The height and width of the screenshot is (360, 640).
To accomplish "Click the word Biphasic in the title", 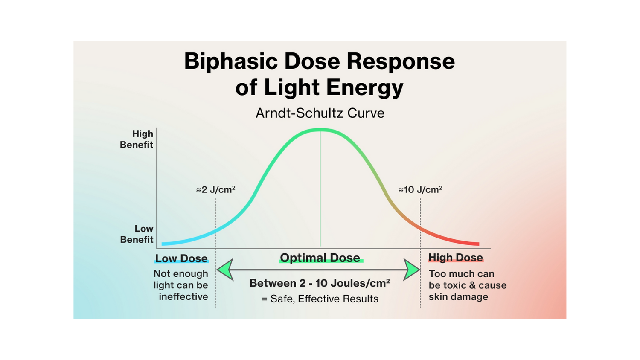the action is click(x=231, y=62).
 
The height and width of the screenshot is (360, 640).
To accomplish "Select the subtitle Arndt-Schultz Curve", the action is click(x=320, y=113).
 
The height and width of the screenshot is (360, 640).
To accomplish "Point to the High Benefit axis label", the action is click(x=137, y=139).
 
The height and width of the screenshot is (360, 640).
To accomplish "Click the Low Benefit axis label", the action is click(x=137, y=234).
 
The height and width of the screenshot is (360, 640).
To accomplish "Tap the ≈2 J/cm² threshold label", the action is click(x=216, y=189).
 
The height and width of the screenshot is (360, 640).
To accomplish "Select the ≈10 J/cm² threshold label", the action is click(x=420, y=189).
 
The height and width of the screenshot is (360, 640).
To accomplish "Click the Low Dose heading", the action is click(x=181, y=258).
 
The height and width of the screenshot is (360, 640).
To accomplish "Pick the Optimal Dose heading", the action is click(x=320, y=258).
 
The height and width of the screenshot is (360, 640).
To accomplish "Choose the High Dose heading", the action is click(x=455, y=258).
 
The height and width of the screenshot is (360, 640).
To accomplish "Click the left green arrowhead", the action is click(x=225, y=270).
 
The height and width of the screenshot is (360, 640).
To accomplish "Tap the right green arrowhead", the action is click(x=411, y=270).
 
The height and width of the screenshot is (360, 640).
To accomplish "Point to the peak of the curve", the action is click(x=320, y=130).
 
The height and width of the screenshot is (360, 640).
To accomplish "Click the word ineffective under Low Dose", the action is click(x=183, y=296).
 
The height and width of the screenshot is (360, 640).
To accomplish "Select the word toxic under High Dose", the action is click(x=457, y=285).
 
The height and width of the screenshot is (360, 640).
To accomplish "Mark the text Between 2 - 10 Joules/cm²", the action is click(x=320, y=283).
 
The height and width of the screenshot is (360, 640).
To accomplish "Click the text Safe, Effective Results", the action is click(x=324, y=299).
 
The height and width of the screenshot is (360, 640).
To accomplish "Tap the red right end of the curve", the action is click(x=479, y=244).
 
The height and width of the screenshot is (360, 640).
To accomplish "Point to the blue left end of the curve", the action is click(x=162, y=244).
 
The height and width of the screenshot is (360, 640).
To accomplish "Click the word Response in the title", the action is click(x=401, y=62).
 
